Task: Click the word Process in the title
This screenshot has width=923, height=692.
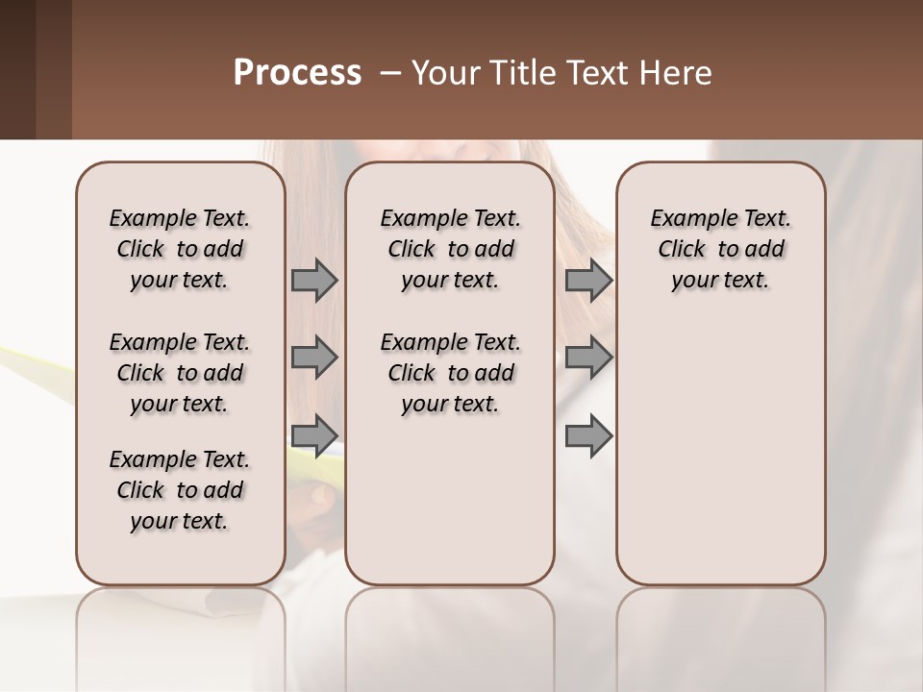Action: tap(297, 73)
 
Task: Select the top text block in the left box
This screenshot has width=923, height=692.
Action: tap(180, 249)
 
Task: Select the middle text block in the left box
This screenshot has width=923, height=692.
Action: tap(180, 373)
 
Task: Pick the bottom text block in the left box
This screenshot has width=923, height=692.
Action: tap(180, 490)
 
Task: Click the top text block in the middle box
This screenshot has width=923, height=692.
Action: tap(450, 249)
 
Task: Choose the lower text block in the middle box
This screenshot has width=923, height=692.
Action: tap(450, 373)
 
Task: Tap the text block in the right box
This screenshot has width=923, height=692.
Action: tap(720, 249)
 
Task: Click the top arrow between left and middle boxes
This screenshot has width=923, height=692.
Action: tap(314, 280)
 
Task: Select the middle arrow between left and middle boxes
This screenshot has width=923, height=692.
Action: tap(314, 358)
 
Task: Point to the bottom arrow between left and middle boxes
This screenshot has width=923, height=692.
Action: tap(314, 435)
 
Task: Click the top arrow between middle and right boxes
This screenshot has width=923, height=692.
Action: tap(588, 280)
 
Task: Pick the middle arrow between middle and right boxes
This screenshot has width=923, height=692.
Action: tap(588, 358)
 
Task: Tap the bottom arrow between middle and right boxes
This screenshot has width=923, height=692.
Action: tap(588, 435)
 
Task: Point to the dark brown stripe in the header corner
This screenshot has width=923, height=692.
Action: tap(17, 69)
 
